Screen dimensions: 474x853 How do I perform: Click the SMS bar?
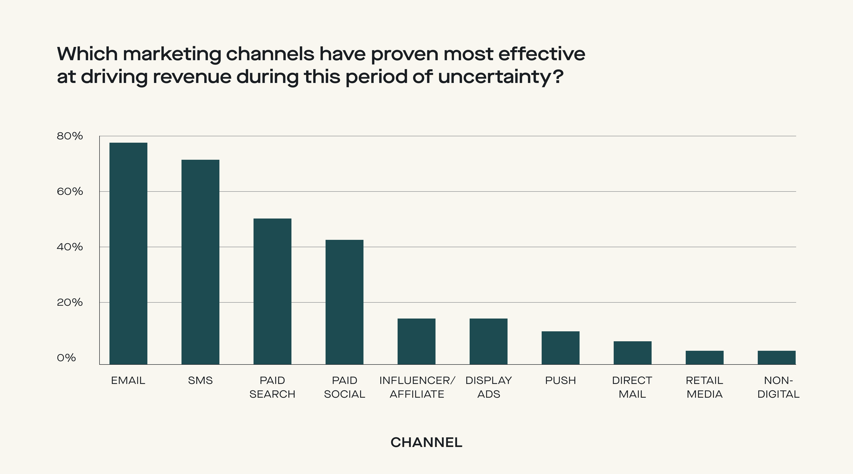click(200, 262)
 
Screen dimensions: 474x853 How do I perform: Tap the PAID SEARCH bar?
click(272, 291)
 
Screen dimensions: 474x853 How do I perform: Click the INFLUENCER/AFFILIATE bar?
click(416, 341)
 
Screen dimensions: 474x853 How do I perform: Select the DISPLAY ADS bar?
click(488, 341)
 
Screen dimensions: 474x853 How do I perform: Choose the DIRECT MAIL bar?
click(632, 352)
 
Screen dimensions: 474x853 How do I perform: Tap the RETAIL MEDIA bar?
click(704, 357)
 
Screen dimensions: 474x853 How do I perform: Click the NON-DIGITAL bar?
click(776, 357)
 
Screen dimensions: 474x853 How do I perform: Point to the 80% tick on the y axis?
click(69, 136)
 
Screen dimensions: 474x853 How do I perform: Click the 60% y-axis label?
click(69, 191)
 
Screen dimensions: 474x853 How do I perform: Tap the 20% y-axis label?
click(69, 302)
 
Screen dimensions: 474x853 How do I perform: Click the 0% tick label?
click(66, 358)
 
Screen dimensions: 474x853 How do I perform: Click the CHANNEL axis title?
click(426, 442)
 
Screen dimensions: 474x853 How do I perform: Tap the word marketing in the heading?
click(172, 54)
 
